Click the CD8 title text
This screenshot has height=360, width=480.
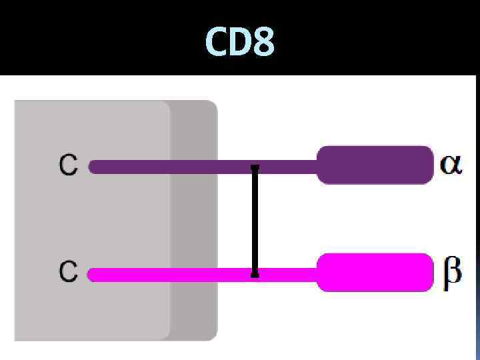(x=240, y=41)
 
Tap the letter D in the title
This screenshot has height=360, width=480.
(x=239, y=41)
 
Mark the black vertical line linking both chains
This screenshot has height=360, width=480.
(x=255, y=220)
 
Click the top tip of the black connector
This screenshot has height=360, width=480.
(x=255, y=167)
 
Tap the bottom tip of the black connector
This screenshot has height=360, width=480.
(x=255, y=273)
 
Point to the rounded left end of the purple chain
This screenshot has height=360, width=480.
(x=93, y=167)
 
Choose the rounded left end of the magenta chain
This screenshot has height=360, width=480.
(x=93, y=275)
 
